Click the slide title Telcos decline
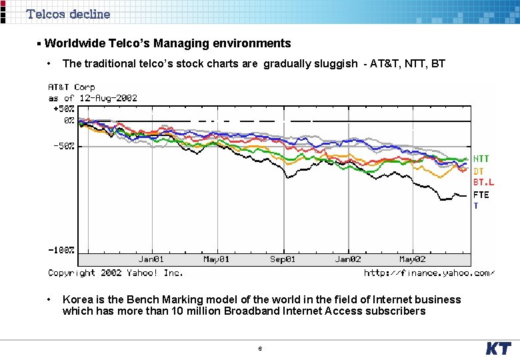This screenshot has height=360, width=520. pyautogui.click(x=68, y=14)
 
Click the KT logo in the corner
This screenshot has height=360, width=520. pyautogui.click(x=498, y=349)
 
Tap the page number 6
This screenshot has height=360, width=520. pyautogui.click(x=260, y=349)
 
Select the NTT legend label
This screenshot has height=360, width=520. pyautogui.click(x=481, y=159)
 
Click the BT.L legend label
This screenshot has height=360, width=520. pyautogui.click(x=483, y=182)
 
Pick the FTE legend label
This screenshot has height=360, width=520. pyautogui.click(x=481, y=195)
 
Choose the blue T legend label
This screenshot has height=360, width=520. pyautogui.click(x=476, y=206)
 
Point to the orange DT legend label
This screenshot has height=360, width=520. pyautogui.click(x=479, y=171)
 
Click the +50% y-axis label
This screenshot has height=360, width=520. pyautogui.click(x=64, y=109)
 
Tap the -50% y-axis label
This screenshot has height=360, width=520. pyautogui.click(x=64, y=145)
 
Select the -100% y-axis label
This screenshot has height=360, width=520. pyautogui.click(x=61, y=249)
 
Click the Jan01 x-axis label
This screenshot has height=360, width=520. pyautogui.click(x=151, y=259)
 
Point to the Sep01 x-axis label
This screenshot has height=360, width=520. pyautogui.click(x=282, y=259)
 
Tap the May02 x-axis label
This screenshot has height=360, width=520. pyautogui.click(x=412, y=259)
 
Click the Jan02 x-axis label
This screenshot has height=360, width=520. pyautogui.click(x=347, y=259)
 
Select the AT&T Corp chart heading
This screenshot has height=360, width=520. pyautogui.click(x=71, y=87)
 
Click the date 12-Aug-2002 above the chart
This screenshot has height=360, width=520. pyautogui.click(x=107, y=98)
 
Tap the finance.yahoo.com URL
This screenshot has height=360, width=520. pyautogui.click(x=429, y=273)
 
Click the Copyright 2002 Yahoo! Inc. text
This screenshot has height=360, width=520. pyautogui.click(x=115, y=273)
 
